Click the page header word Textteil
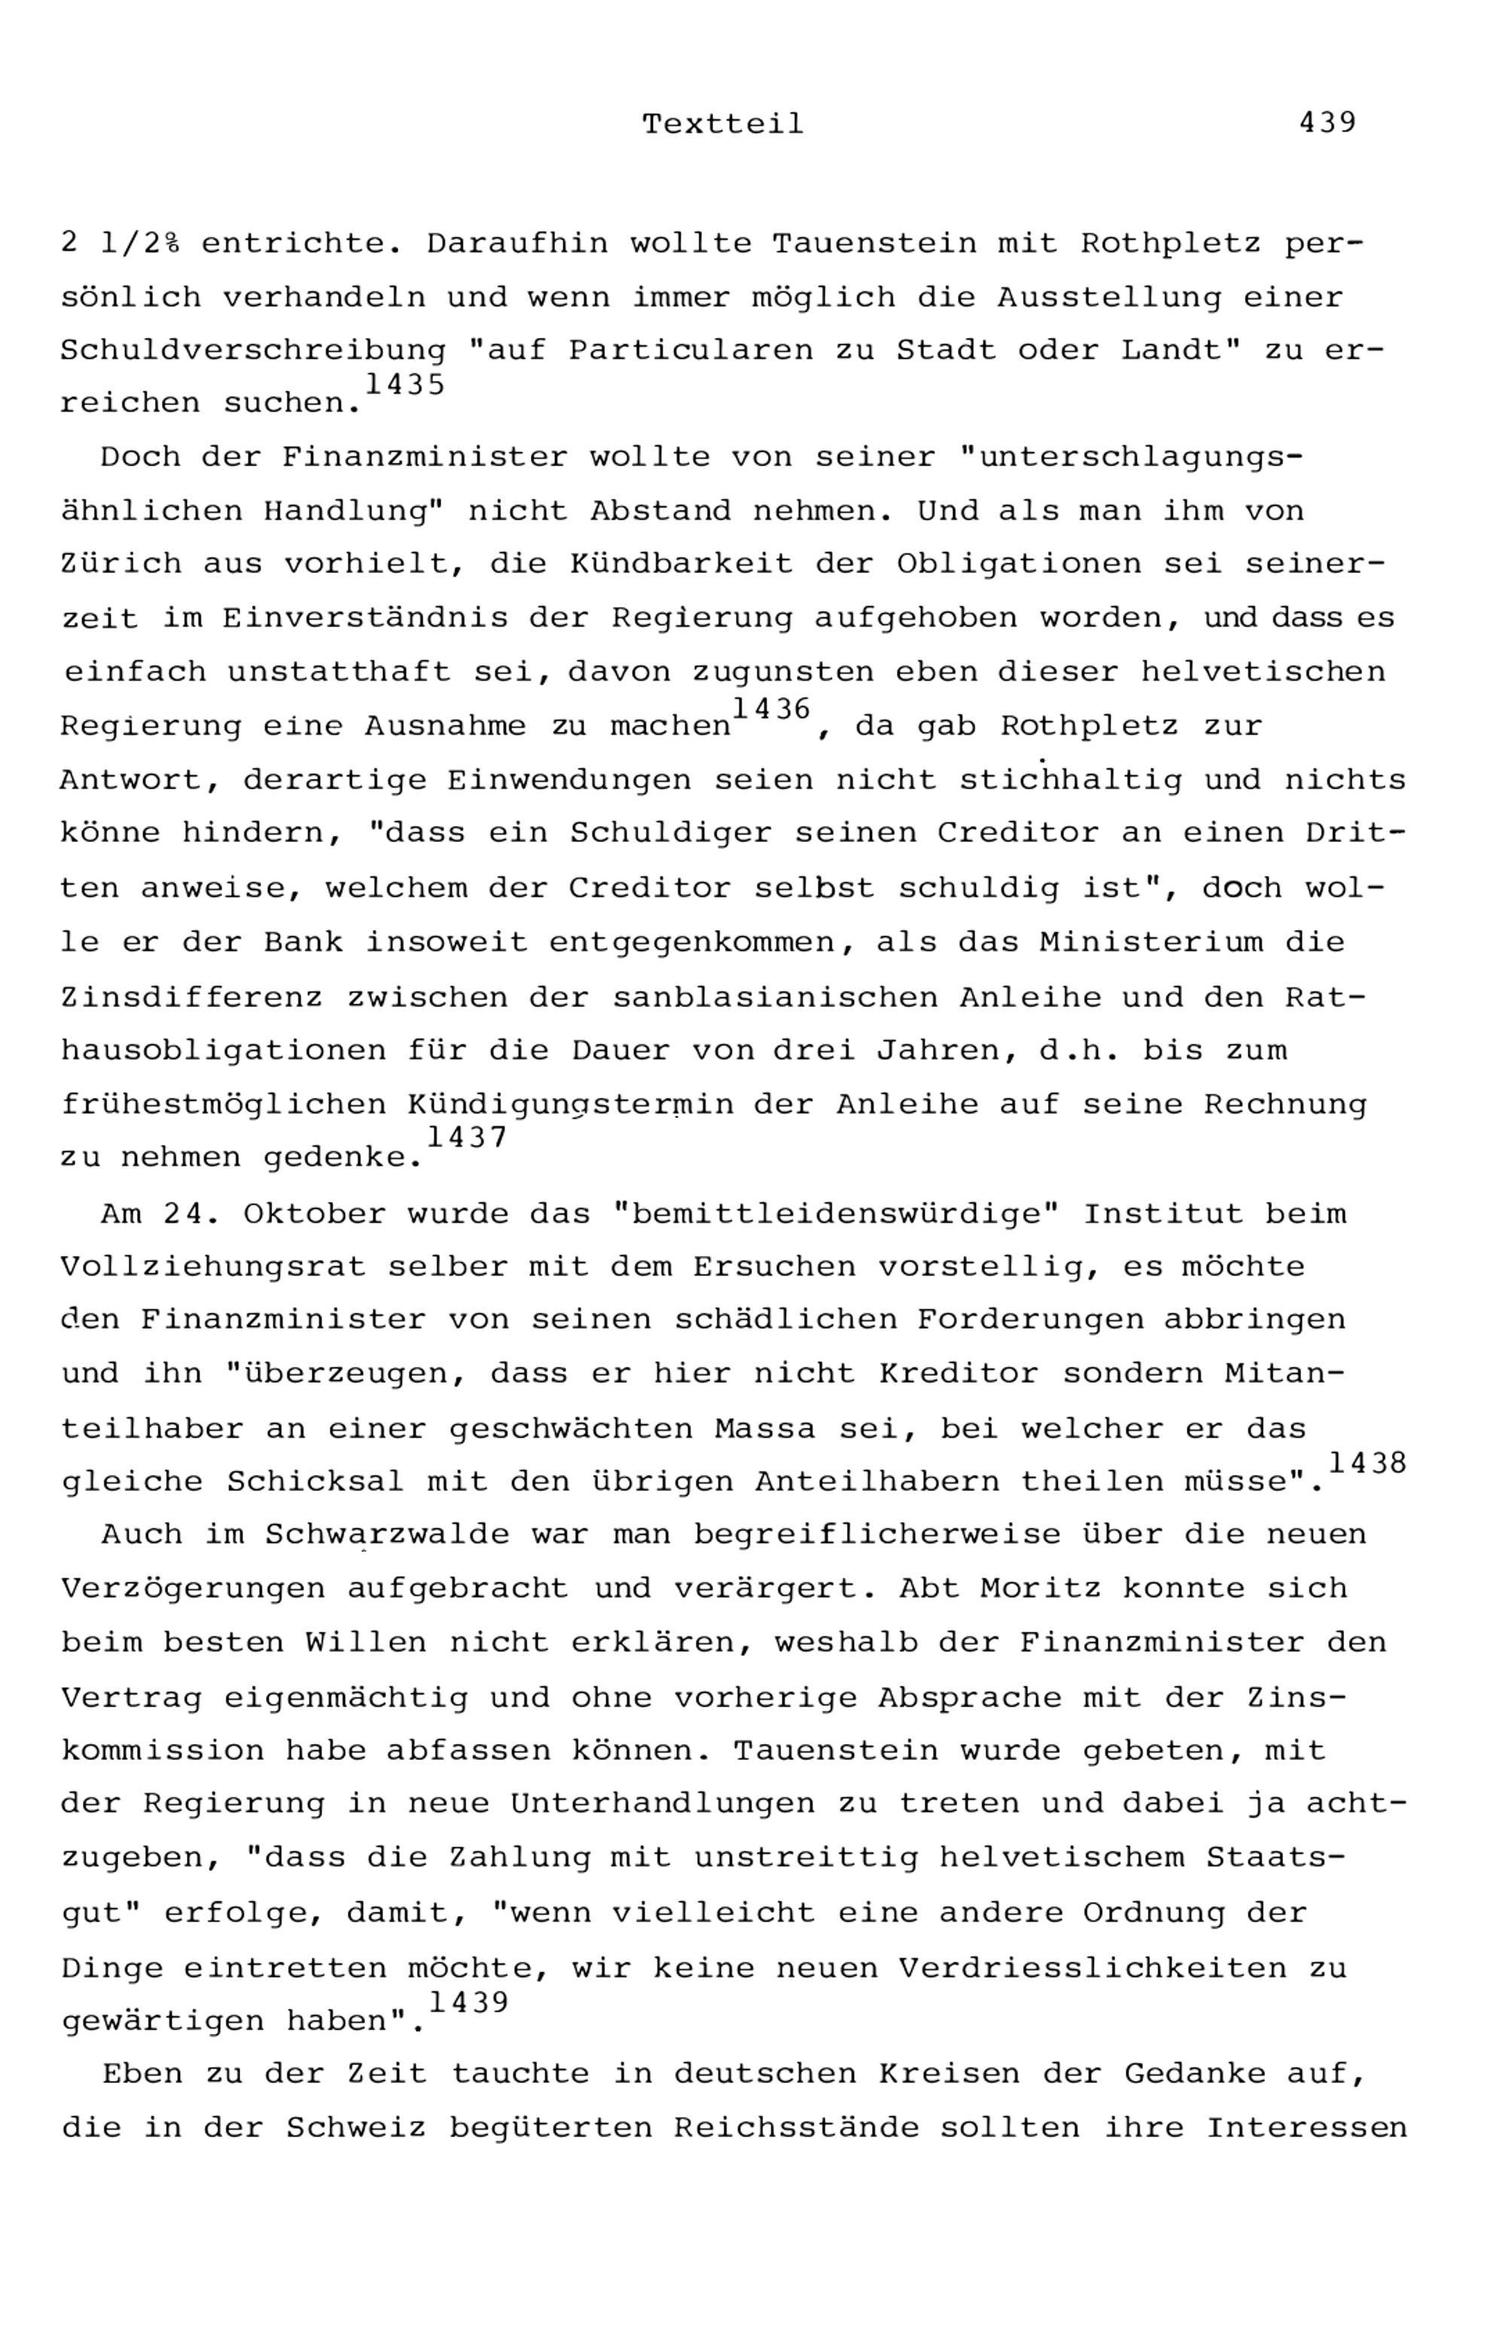[723, 124]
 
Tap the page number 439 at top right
[1327, 124]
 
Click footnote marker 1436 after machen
[772, 708]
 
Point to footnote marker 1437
[466, 1137]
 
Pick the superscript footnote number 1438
[1367, 1463]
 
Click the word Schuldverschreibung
[253, 350]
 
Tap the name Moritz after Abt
[1040, 1588]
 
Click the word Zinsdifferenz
[192, 999]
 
